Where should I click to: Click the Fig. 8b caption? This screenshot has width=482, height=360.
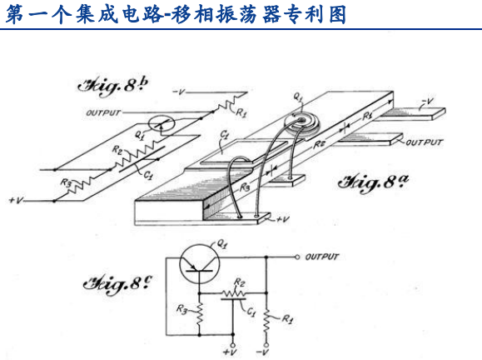(112, 86)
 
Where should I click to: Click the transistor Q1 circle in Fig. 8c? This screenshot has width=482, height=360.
(200, 265)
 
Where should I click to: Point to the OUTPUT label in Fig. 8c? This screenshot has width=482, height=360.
(321, 257)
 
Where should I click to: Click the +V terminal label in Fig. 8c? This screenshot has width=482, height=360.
(230, 352)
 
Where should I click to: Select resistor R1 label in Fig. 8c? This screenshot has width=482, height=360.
(287, 319)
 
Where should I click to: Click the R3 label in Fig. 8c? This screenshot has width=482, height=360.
(182, 309)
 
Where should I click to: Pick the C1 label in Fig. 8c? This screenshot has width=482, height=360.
(251, 312)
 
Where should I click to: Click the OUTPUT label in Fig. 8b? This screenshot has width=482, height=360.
(103, 113)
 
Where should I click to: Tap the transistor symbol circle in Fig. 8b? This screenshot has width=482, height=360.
(161, 124)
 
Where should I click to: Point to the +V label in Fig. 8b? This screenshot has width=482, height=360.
(16, 200)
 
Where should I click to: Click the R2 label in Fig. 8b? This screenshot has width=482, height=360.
(117, 150)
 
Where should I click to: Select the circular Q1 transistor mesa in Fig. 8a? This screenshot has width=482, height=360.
(301, 123)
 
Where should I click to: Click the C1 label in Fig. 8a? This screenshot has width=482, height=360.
(225, 134)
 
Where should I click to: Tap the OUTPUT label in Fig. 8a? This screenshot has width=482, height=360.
(425, 142)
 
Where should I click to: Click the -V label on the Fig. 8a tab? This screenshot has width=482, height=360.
(427, 102)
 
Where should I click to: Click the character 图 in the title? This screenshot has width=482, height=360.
(338, 14)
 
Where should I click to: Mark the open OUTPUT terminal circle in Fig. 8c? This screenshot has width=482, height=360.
(297, 257)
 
